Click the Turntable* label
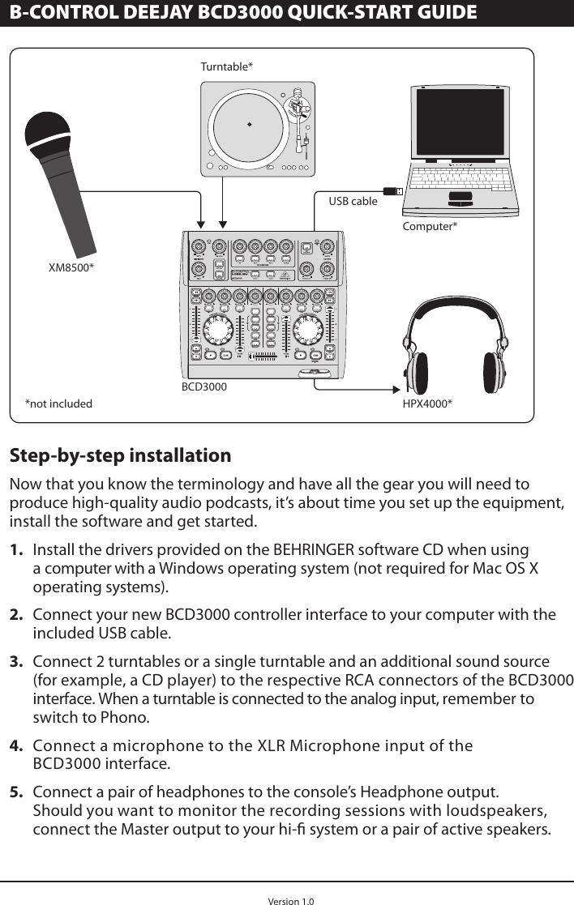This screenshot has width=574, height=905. [x=226, y=66]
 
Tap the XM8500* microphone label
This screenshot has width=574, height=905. [x=71, y=267]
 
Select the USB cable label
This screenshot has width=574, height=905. [x=353, y=200]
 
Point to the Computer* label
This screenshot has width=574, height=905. [x=430, y=225]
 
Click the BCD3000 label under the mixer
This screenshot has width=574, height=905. [x=203, y=387]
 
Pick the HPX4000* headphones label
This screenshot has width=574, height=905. [x=427, y=403]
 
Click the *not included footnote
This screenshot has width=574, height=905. [x=58, y=403]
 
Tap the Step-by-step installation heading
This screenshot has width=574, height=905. [x=120, y=455]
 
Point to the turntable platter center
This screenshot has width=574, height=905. [x=251, y=125]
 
